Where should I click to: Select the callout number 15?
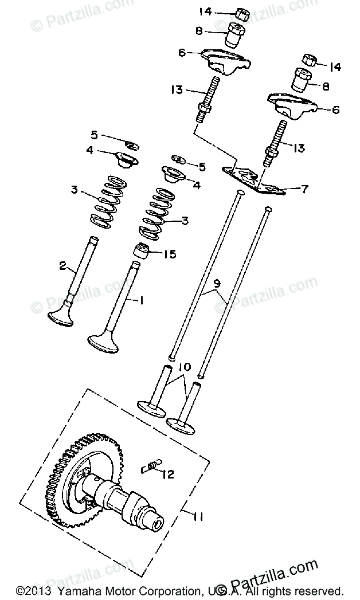click(x=170, y=253)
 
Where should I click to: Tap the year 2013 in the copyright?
click(x=31, y=590)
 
